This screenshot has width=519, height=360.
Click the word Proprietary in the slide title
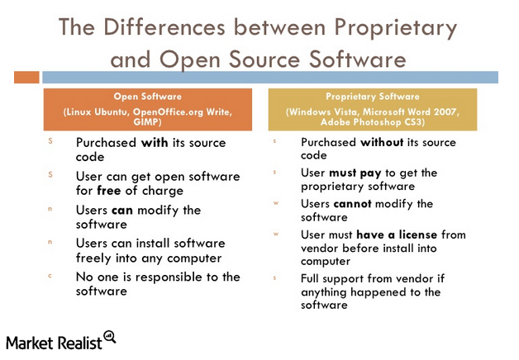coord(396,29)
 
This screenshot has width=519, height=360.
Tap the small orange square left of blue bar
coord(26,78)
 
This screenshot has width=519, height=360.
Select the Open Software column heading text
coord(148,97)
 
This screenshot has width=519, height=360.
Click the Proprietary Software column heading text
coord(373,97)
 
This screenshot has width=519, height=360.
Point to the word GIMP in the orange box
coord(146,122)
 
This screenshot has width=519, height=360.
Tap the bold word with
coord(155,143)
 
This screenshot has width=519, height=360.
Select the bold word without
coord(382,143)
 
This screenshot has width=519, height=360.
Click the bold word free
coord(109,191)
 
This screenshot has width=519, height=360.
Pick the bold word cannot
coord(353,204)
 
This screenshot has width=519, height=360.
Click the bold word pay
coord(370,173)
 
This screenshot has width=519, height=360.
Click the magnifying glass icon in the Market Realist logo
coord(110,337)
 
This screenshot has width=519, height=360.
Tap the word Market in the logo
coord(30,343)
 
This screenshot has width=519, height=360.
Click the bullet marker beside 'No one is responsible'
coord(50,276)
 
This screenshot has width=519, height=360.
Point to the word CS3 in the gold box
coord(413,122)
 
